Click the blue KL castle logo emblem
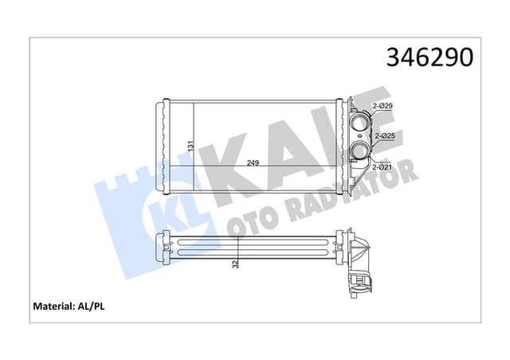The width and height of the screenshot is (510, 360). [x=145, y=209]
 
